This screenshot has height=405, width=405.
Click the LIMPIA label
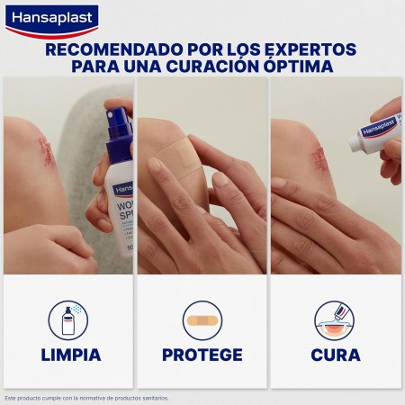pyautogui.click(x=71, y=354)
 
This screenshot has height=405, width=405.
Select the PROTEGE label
pyautogui.click(x=202, y=354)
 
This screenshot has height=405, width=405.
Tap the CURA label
pyautogui.click(x=335, y=354)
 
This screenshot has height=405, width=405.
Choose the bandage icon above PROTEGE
pyautogui.click(x=202, y=319)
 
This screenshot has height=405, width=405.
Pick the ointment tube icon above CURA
pyautogui.click(x=335, y=319)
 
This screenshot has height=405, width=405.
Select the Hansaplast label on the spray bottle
pyautogui.click(x=124, y=189)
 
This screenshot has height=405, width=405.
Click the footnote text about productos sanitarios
pyautogui.click(x=86, y=397)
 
